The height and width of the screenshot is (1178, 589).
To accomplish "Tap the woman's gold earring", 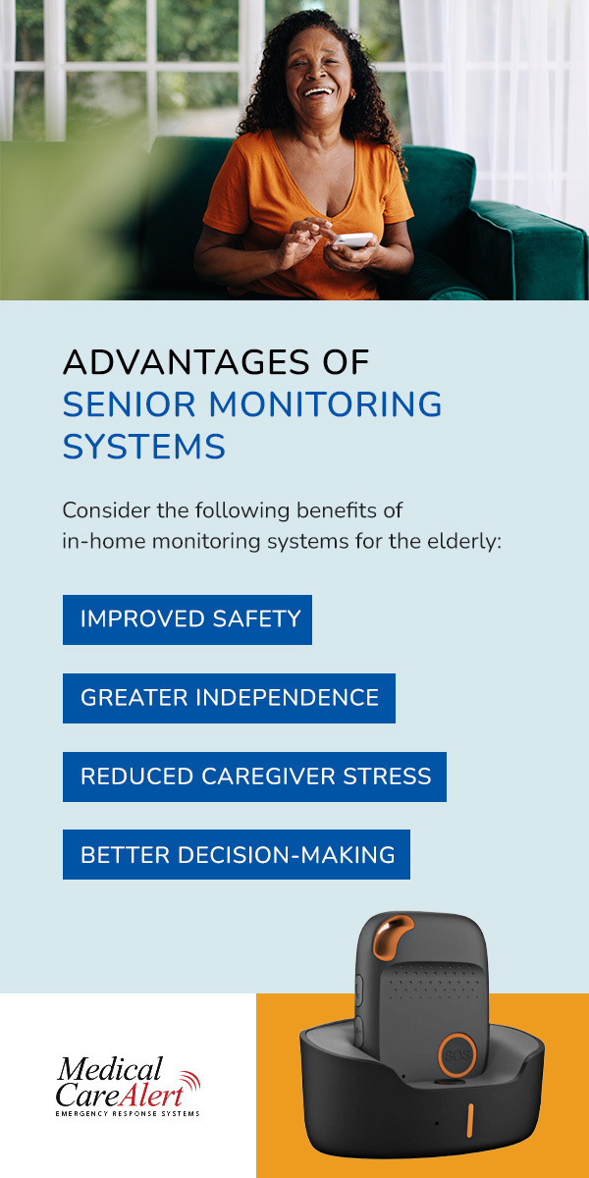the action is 352,96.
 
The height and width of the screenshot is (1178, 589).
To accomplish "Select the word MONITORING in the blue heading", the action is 326,403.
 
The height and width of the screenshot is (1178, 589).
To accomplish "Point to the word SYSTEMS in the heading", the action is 144,447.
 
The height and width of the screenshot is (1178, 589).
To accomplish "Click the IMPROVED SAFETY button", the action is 187,619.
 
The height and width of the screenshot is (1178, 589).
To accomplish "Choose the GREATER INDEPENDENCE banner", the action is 229,698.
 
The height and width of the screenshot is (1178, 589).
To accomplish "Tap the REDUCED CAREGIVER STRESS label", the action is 254,776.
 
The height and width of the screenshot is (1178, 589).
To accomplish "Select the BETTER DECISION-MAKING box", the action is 237,855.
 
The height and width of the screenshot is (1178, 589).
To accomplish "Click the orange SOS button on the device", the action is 457,1054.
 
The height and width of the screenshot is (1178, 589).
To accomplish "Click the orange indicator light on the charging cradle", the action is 469,1121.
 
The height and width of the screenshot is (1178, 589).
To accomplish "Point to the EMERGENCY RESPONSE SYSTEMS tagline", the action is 128,1113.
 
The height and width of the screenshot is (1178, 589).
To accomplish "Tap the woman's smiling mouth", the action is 318,92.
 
